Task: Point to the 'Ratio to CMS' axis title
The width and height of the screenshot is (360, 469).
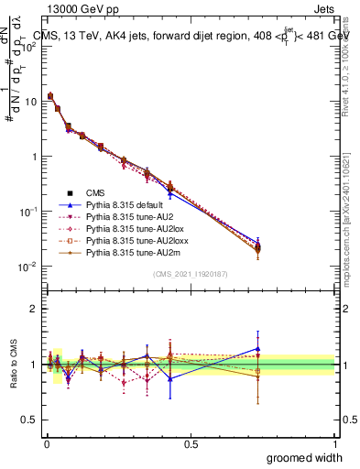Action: pos(12,365)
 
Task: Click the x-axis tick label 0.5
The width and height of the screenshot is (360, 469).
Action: pos(191,443)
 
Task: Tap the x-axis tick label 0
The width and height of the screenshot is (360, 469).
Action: pos(46,443)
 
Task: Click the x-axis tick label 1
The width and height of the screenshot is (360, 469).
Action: pos(335,443)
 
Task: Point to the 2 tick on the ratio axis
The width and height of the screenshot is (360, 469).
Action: pos(34,309)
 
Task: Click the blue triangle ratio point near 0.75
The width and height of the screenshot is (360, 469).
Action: pos(258,348)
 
